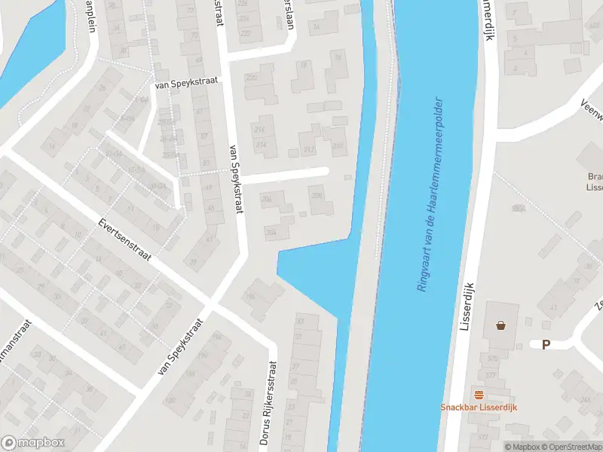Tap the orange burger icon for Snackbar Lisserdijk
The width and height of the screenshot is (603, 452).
(478, 394)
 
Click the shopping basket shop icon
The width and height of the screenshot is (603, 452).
(500, 325)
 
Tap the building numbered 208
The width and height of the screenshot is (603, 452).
(317, 197)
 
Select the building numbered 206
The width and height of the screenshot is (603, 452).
(266, 198)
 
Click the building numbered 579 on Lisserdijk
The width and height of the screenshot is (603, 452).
(493, 358)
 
